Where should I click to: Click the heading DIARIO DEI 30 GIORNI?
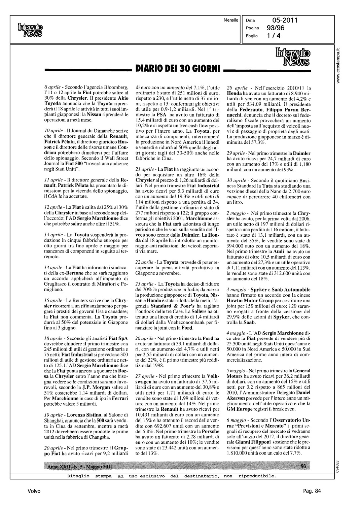(x=177, y=69)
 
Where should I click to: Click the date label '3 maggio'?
(x=236, y=289)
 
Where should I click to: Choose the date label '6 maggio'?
(x=236, y=420)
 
